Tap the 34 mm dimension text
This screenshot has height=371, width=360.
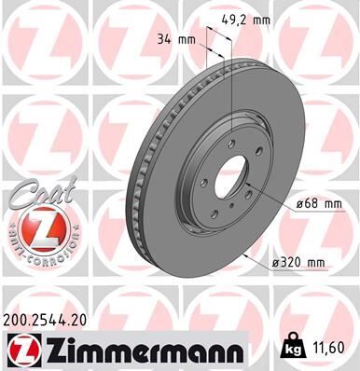171,39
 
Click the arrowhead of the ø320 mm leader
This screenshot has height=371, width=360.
242,252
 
